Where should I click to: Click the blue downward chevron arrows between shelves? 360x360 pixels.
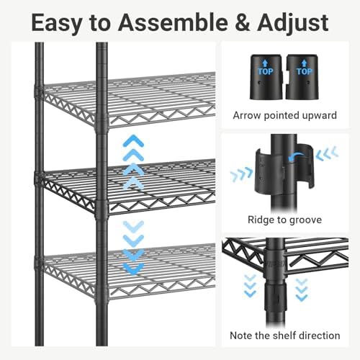pos(132,248)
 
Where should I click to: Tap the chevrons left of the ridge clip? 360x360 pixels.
pos(240,174)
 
